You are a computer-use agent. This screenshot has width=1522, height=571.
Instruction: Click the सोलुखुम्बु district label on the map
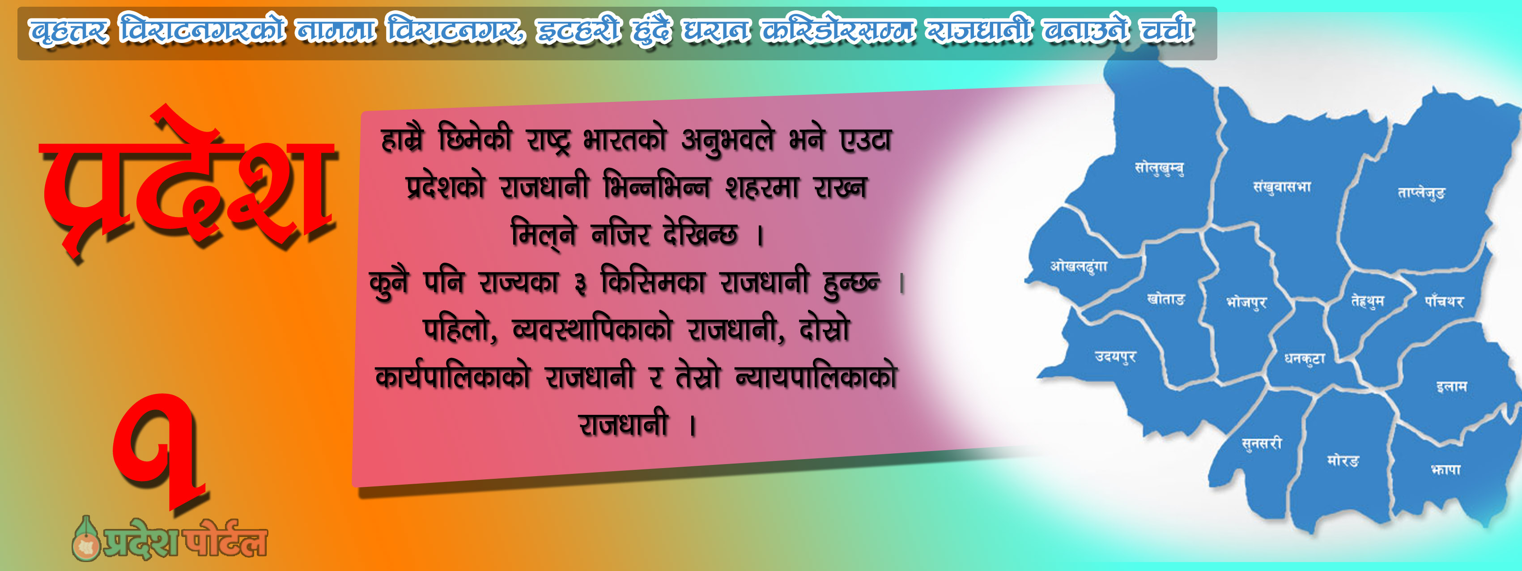pos(1159,168)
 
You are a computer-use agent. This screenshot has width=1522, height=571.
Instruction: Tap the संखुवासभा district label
pos(1282,187)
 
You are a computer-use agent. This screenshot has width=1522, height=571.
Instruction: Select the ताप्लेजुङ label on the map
pos(1421,193)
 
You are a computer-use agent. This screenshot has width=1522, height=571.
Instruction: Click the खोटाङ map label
pos(1166,299)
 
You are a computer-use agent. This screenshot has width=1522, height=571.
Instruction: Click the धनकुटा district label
pos(1305,358)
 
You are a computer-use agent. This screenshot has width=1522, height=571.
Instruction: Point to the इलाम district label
pos(1452,387)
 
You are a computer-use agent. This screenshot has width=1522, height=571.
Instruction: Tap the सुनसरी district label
pos(1262,443)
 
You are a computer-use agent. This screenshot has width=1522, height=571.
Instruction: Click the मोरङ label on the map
pos(1343,460)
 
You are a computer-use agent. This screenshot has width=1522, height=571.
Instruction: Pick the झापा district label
pos(1446,470)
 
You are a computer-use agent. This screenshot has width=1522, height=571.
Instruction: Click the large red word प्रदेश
pos(188,183)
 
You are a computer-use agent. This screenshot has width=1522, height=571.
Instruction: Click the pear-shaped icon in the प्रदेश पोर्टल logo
pos(86,539)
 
